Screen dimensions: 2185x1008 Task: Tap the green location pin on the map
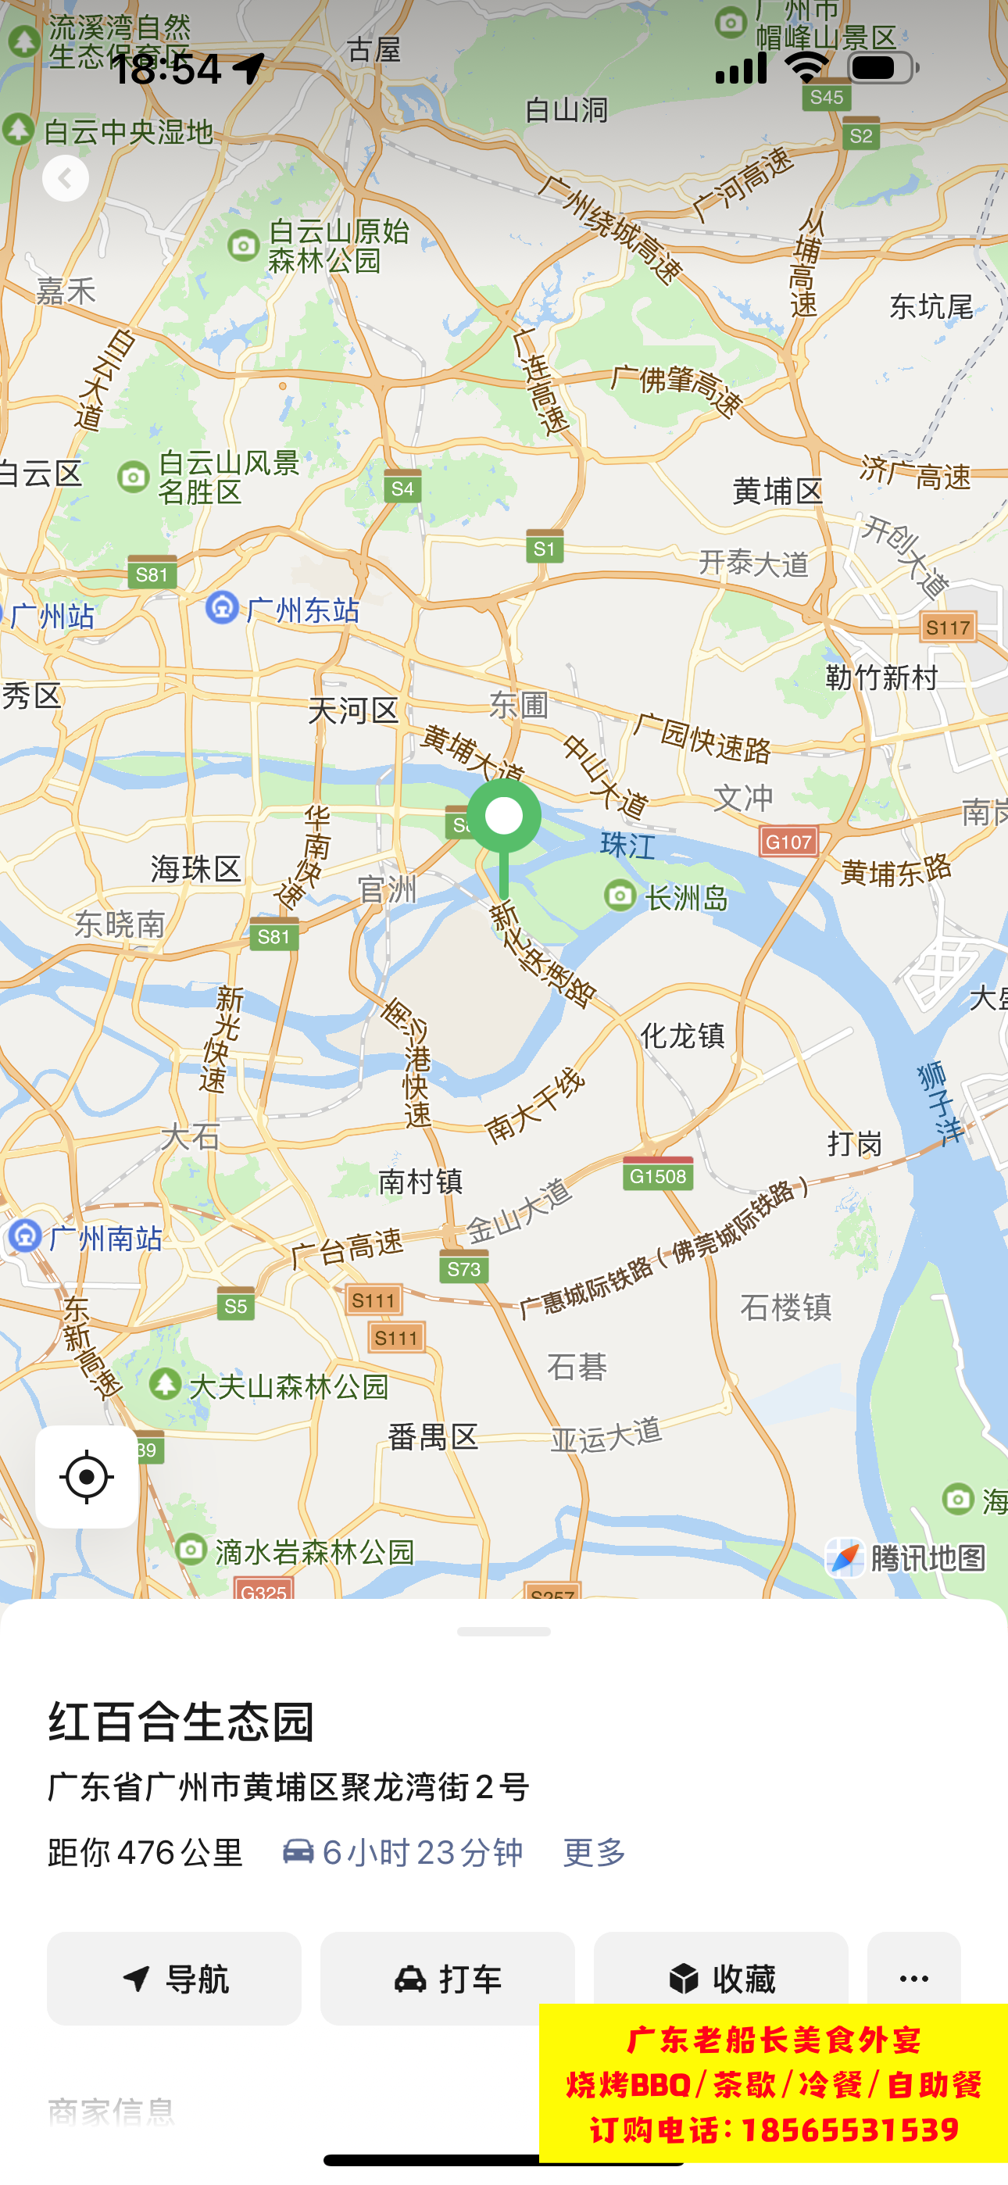[x=504, y=817]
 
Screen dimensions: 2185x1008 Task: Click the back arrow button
[x=66, y=178]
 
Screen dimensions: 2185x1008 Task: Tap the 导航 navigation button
[x=174, y=1978]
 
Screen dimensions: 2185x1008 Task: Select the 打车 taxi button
[x=447, y=1978]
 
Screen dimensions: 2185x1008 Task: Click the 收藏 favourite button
[x=720, y=1978]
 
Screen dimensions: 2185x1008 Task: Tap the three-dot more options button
[x=913, y=1978]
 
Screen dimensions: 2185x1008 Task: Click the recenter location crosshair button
[x=87, y=1477]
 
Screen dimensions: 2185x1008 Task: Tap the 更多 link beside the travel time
[x=594, y=1853]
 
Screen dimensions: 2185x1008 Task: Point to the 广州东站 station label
[x=284, y=610]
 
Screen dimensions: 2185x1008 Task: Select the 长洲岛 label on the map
[x=668, y=897]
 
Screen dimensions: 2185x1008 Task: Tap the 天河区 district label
[x=353, y=710]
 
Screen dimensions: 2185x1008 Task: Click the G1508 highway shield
[x=658, y=1175]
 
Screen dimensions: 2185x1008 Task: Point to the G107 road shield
[x=788, y=842]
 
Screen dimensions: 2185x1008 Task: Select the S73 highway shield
[x=464, y=1269]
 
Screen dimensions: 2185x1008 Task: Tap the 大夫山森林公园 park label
[x=270, y=1387]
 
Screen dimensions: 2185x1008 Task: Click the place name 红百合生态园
[x=181, y=1722]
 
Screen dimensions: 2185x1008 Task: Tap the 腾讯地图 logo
[x=906, y=1558]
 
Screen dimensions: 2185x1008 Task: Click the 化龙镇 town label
[x=682, y=1035]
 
